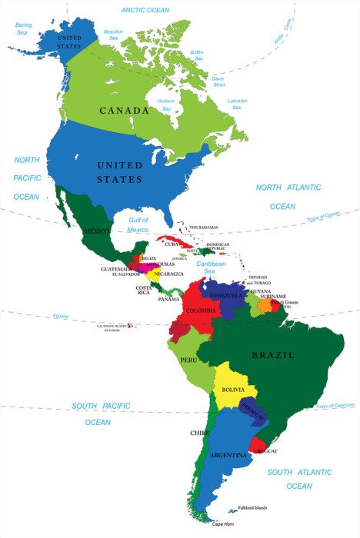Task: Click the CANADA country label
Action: coord(124,111)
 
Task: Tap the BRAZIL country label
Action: coord(273,355)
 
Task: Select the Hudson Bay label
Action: coord(165,105)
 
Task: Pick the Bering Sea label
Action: coord(25,29)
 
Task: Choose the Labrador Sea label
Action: coord(238,105)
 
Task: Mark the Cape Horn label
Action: coord(222,524)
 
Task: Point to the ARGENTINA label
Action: coord(230,455)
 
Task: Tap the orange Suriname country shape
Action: coord(265,305)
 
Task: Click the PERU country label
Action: coord(189,360)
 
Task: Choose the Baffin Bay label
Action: coord(198,55)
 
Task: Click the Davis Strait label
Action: coord(218,81)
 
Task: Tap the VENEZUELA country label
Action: coord(227,295)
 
